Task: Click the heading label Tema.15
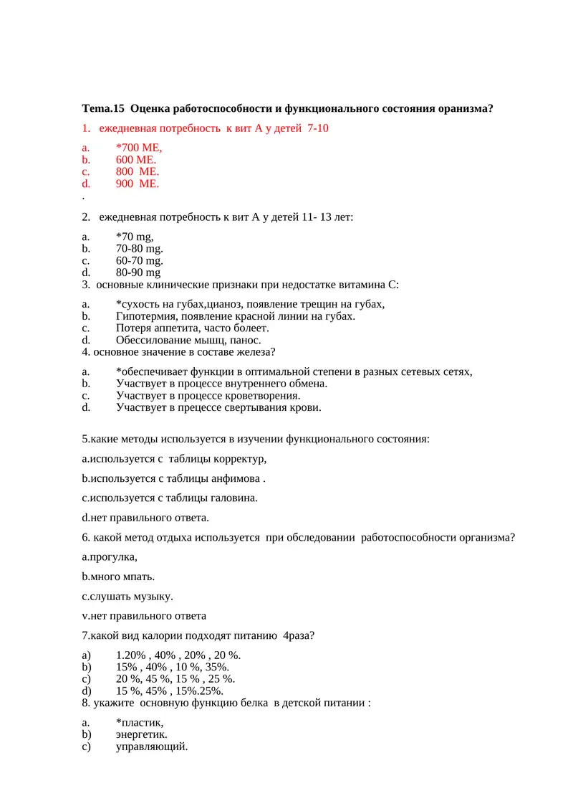click(103, 108)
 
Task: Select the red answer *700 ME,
click(139, 148)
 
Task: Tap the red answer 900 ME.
click(138, 184)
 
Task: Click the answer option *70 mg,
click(135, 237)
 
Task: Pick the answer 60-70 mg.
click(139, 260)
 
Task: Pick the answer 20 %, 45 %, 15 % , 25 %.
click(175, 679)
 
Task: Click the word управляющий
click(152, 746)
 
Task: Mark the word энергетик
click(142, 734)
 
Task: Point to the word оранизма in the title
click(462, 108)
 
